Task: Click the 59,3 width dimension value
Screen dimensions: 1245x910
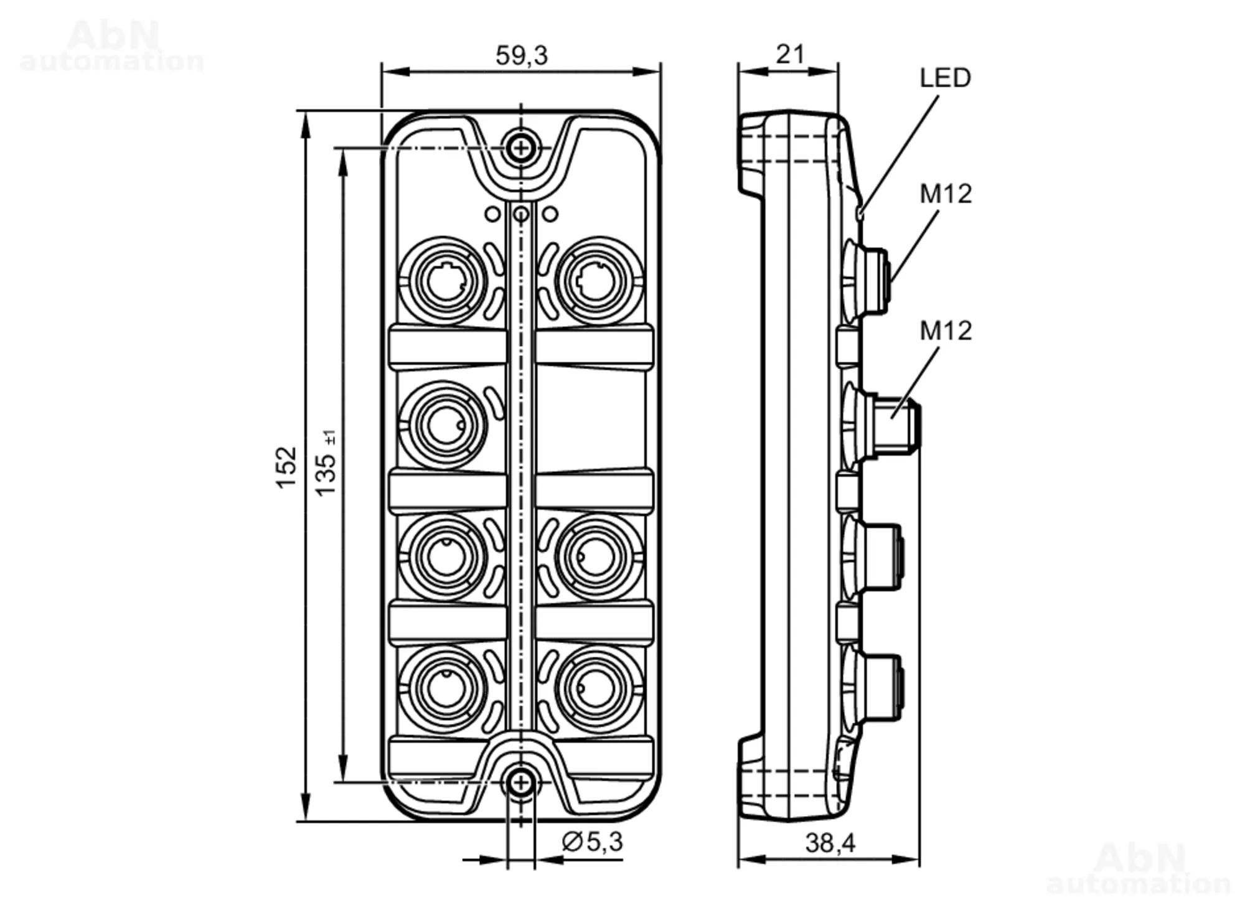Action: (x=522, y=55)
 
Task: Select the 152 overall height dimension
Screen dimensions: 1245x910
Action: (x=286, y=467)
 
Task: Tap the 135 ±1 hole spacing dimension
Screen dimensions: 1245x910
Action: (x=326, y=463)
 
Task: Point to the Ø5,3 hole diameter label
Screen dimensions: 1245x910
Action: (x=592, y=842)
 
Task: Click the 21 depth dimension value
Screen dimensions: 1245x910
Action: (x=790, y=54)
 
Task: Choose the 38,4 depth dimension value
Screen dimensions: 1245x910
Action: (x=830, y=843)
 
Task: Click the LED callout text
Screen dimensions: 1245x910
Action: (x=945, y=78)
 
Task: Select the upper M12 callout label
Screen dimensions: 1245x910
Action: (x=946, y=194)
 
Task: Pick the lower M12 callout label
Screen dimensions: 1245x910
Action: (x=946, y=331)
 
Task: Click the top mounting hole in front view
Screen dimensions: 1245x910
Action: (x=521, y=148)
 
